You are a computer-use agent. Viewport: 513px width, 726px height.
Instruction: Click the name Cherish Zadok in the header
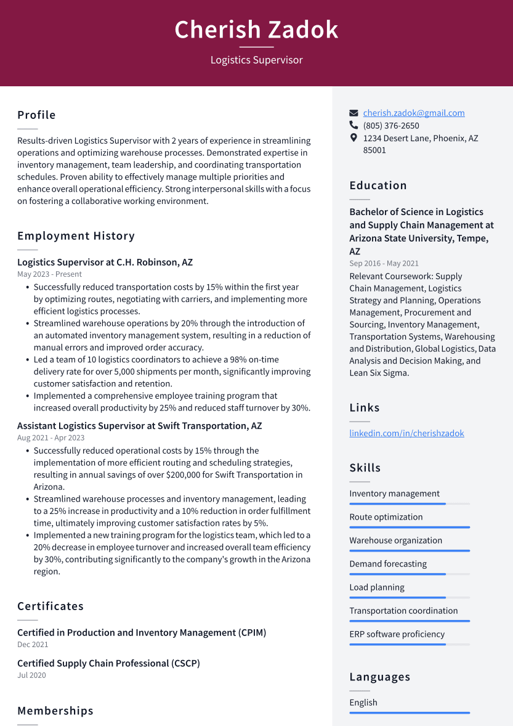click(x=256, y=30)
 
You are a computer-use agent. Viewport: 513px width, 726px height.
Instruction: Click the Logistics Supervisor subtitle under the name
click(x=256, y=60)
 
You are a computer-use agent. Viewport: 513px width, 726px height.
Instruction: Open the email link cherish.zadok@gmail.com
click(x=413, y=113)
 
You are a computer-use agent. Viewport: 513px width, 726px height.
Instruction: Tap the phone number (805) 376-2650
click(x=391, y=126)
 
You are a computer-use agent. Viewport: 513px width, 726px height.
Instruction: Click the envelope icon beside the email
click(x=353, y=113)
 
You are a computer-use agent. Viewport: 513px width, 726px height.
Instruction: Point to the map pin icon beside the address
click(x=353, y=138)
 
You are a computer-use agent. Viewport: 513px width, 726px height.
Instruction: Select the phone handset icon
click(x=353, y=126)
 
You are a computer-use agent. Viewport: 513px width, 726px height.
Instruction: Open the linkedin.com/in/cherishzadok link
click(x=406, y=433)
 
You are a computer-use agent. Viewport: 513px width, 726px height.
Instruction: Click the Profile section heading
click(x=36, y=115)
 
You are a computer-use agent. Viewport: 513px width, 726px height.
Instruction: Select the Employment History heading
click(x=76, y=236)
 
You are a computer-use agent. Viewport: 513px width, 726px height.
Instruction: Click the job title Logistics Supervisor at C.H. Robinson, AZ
click(x=105, y=263)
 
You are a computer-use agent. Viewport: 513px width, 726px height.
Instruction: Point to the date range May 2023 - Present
click(x=49, y=274)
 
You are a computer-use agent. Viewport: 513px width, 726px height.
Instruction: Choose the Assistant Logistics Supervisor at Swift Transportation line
click(x=139, y=426)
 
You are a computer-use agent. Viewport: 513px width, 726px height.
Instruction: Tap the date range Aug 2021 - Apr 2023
click(x=50, y=438)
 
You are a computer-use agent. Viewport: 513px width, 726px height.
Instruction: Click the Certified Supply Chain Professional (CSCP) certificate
click(x=108, y=664)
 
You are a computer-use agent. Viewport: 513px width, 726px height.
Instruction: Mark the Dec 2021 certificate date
click(x=33, y=645)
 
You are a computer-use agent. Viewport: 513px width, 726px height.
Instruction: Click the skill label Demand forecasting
click(x=388, y=564)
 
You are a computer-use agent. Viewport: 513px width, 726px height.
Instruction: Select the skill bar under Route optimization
click(x=410, y=528)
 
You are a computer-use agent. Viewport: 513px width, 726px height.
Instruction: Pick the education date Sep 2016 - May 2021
click(x=384, y=263)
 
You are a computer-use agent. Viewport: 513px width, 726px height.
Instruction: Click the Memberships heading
click(x=55, y=711)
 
